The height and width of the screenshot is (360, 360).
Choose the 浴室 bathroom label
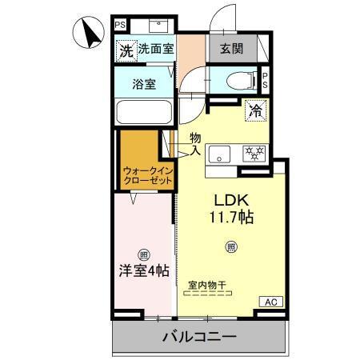click(144, 82)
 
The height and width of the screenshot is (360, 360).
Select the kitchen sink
click(221, 153)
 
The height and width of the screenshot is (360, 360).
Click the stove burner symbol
click(255, 153)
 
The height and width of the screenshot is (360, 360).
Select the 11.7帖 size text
click(230, 217)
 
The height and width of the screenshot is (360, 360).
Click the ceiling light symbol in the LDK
click(231, 246)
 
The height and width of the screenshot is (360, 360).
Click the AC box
click(269, 301)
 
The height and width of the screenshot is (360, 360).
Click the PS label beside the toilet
click(266, 80)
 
